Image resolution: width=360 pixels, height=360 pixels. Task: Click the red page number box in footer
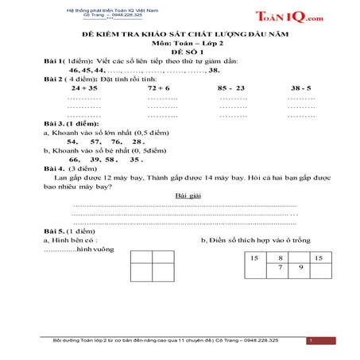click(x=312, y=340)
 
